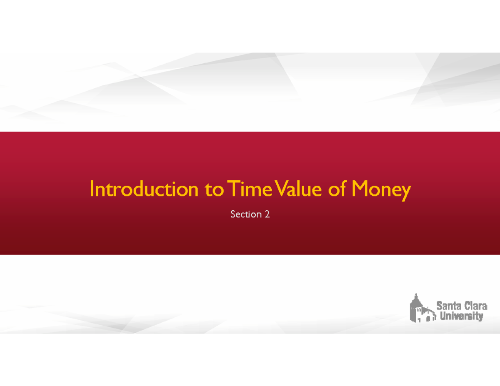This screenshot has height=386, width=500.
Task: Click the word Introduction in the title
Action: coord(144,190)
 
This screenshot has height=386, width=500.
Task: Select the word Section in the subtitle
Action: coord(245,214)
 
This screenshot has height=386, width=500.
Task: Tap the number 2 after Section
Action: coord(267,214)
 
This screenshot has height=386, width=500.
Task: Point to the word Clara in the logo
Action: coord(474,306)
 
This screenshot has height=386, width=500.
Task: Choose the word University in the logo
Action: coord(462,316)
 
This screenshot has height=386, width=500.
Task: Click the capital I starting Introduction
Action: coord(92,190)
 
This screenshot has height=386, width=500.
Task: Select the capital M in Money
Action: coord(360,190)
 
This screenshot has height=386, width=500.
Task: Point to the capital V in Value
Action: coord(278,190)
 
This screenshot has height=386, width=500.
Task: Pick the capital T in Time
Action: coord(229,190)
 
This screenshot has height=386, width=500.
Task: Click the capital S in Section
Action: coord(232,214)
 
